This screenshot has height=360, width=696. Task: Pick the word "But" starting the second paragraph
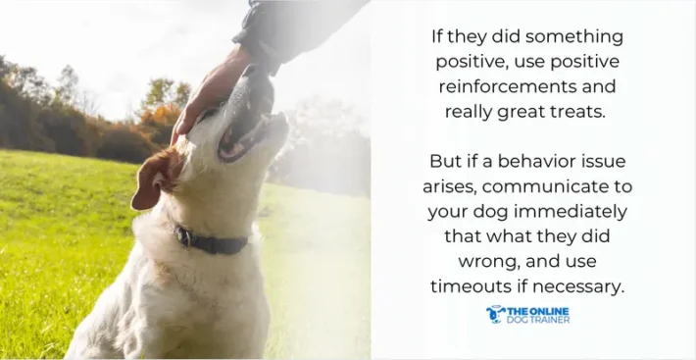(446, 161)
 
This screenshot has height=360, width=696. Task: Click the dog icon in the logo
(495, 314)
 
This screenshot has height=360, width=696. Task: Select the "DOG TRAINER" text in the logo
(537, 320)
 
